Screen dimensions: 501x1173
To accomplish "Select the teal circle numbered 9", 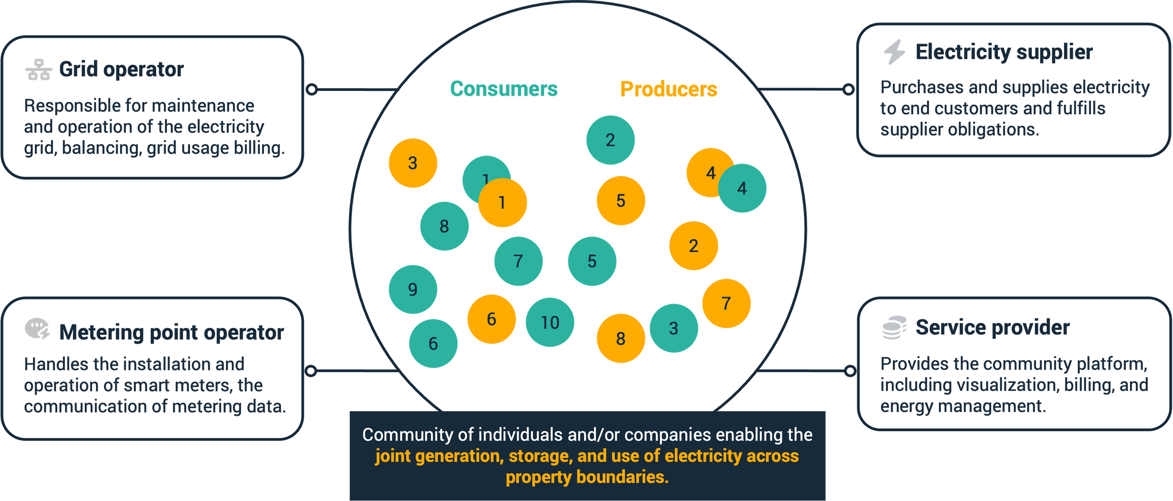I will point(412,289).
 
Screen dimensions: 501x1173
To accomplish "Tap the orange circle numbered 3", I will point(412,163).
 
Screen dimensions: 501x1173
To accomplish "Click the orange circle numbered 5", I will point(621,201).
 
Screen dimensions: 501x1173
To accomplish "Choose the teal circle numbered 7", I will point(518,261).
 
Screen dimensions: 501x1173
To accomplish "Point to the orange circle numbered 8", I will point(621,339).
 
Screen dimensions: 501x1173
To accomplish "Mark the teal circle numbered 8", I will point(444,226).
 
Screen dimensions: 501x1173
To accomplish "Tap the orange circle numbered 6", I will point(491,319).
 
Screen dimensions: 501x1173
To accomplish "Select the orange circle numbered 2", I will point(693,246).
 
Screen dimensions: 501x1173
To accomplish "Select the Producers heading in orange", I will point(668,89).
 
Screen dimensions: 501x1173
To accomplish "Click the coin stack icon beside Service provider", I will point(894,328).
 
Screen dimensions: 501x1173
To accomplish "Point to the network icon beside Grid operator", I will point(39,70).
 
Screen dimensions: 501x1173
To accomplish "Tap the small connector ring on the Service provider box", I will point(850,371).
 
